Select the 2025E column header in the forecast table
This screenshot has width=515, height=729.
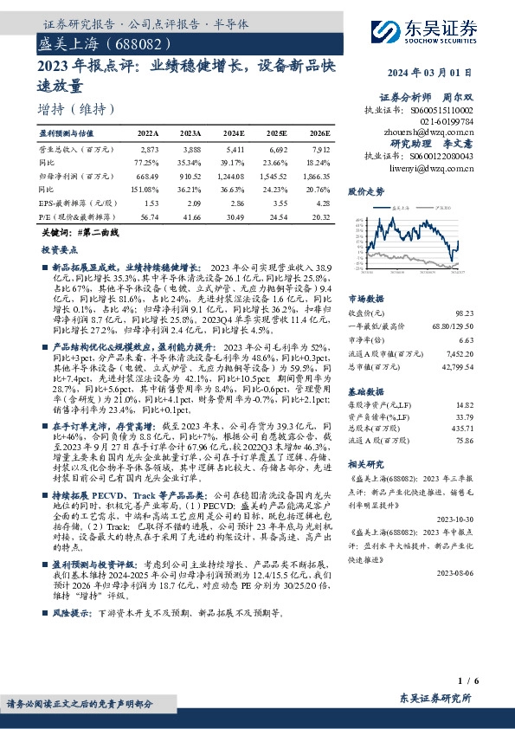pyautogui.click(x=278, y=133)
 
